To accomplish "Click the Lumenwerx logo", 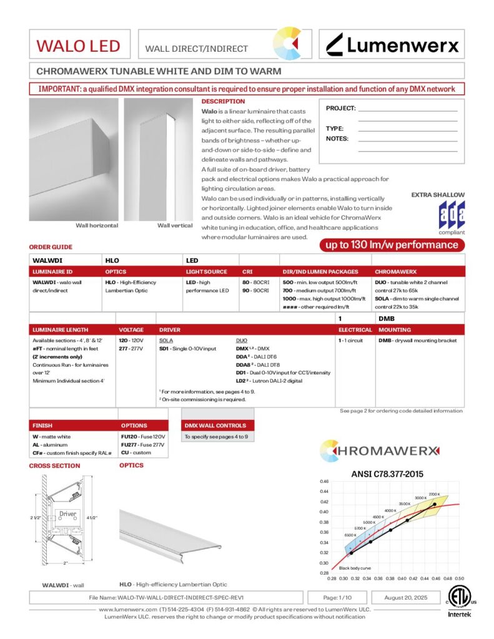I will [x=393, y=45].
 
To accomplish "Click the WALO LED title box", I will [x=78, y=46].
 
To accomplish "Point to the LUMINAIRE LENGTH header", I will [x=60, y=329].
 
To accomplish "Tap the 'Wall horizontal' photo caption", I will [x=97, y=225].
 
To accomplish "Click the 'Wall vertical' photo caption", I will [x=174, y=225].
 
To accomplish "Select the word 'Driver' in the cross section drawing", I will [x=67, y=514].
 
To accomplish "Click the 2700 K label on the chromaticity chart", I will [x=435, y=494].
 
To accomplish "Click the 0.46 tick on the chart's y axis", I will [x=324, y=482].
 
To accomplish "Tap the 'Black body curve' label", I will [x=355, y=568].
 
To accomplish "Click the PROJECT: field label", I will [x=340, y=108].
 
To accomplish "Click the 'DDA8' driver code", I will [x=244, y=364].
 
